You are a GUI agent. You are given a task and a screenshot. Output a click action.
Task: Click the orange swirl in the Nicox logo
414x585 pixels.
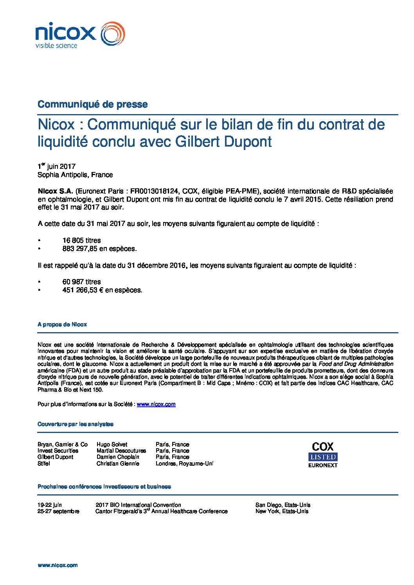[x=113, y=34]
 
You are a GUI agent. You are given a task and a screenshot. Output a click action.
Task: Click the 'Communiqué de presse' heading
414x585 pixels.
[x=92, y=104]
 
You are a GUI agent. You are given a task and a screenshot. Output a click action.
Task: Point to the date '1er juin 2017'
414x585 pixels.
[x=56, y=166]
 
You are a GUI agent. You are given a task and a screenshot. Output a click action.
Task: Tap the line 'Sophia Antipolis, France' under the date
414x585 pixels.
[x=75, y=175]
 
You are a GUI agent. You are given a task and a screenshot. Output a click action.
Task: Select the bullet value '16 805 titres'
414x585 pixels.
[x=81, y=240]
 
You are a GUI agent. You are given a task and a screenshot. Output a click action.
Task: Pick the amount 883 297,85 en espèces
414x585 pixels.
[x=99, y=249]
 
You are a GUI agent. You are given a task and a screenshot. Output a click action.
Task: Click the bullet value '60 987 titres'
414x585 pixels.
[x=81, y=282]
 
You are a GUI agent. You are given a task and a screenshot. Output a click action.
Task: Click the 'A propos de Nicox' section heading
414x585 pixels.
[x=62, y=324]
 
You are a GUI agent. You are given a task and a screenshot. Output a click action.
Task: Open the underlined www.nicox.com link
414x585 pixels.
[x=156, y=404]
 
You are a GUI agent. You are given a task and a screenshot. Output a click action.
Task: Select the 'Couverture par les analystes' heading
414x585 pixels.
[x=76, y=424]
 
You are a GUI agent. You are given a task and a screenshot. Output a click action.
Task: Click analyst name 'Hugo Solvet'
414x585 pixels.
[x=112, y=444]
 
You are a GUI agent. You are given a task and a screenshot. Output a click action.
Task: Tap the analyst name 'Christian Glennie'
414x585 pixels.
[x=118, y=463]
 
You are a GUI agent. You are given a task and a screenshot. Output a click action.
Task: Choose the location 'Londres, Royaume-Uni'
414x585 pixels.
[x=184, y=463]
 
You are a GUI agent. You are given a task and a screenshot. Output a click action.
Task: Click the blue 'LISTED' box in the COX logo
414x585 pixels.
[x=323, y=457]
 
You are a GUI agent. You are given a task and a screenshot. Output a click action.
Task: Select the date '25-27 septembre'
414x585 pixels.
[x=58, y=511]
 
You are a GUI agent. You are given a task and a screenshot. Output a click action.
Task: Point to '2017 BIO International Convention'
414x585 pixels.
[x=138, y=505]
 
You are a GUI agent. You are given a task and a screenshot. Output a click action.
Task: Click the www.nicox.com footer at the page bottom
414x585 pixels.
[x=58, y=565]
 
